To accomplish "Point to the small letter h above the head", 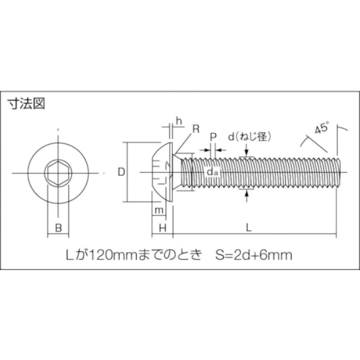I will pos(179,121).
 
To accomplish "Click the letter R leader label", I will pos(196,129).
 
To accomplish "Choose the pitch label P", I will pos(213,137).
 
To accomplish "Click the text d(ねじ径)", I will pos(250,137).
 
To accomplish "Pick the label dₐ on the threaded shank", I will pos(212,172).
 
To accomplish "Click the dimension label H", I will pos(162,229).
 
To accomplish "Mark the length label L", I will pos(248,228).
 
